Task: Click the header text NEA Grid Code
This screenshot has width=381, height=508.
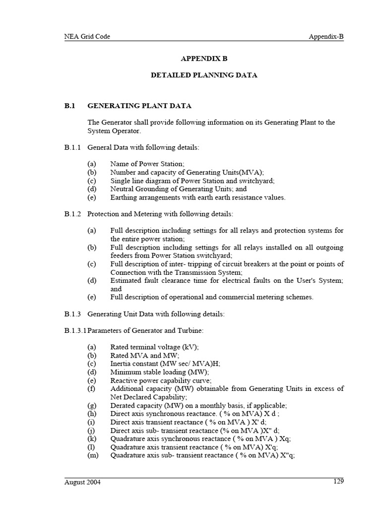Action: [87, 36]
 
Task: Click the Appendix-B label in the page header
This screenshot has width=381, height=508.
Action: [326, 36]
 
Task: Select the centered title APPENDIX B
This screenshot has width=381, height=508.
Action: [204, 59]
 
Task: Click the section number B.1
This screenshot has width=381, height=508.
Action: [69, 106]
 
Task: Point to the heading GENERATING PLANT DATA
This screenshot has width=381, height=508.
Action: [139, 106]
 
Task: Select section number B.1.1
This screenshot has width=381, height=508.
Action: [73, 147]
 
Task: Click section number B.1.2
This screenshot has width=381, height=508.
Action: [73, 214]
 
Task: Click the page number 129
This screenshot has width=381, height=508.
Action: [338, 481]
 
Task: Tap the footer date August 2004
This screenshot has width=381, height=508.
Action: [82, 482]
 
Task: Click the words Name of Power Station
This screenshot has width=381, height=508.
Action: [147, 164]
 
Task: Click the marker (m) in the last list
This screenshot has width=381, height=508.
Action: [93, 455]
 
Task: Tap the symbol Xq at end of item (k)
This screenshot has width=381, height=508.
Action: [285, 439]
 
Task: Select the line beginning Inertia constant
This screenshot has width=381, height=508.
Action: [165, 364]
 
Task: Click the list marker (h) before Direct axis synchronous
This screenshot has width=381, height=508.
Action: [92, 414]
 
